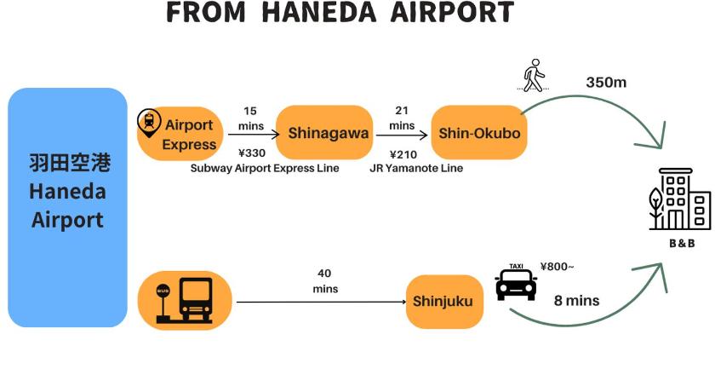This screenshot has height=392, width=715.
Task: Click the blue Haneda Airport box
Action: (67, 207)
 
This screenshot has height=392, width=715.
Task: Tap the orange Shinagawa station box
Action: (324, 133)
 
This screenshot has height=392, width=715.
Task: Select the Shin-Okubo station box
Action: (478, 133)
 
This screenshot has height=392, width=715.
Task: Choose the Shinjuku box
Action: (444, 302)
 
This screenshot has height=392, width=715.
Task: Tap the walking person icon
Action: (534, 75)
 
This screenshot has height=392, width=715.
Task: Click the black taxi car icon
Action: (516, 285)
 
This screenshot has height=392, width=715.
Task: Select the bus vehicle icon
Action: (196, 300)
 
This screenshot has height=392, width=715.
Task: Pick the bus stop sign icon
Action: (163, 304)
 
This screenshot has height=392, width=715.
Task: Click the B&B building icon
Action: (680, 199)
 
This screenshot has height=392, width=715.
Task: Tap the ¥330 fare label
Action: (252, 153)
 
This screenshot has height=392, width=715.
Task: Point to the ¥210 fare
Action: (403, 154)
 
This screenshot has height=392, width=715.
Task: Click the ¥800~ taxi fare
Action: (557, 267)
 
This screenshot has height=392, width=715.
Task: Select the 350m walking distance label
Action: (606, 83)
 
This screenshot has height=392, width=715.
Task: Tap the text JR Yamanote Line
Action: (416, 169)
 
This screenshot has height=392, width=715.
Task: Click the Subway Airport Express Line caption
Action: (265, 169)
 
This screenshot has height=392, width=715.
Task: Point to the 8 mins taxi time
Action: (576, 301)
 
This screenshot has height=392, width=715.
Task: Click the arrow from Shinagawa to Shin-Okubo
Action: (402, 135)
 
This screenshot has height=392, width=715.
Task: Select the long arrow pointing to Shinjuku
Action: (322, 302)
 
